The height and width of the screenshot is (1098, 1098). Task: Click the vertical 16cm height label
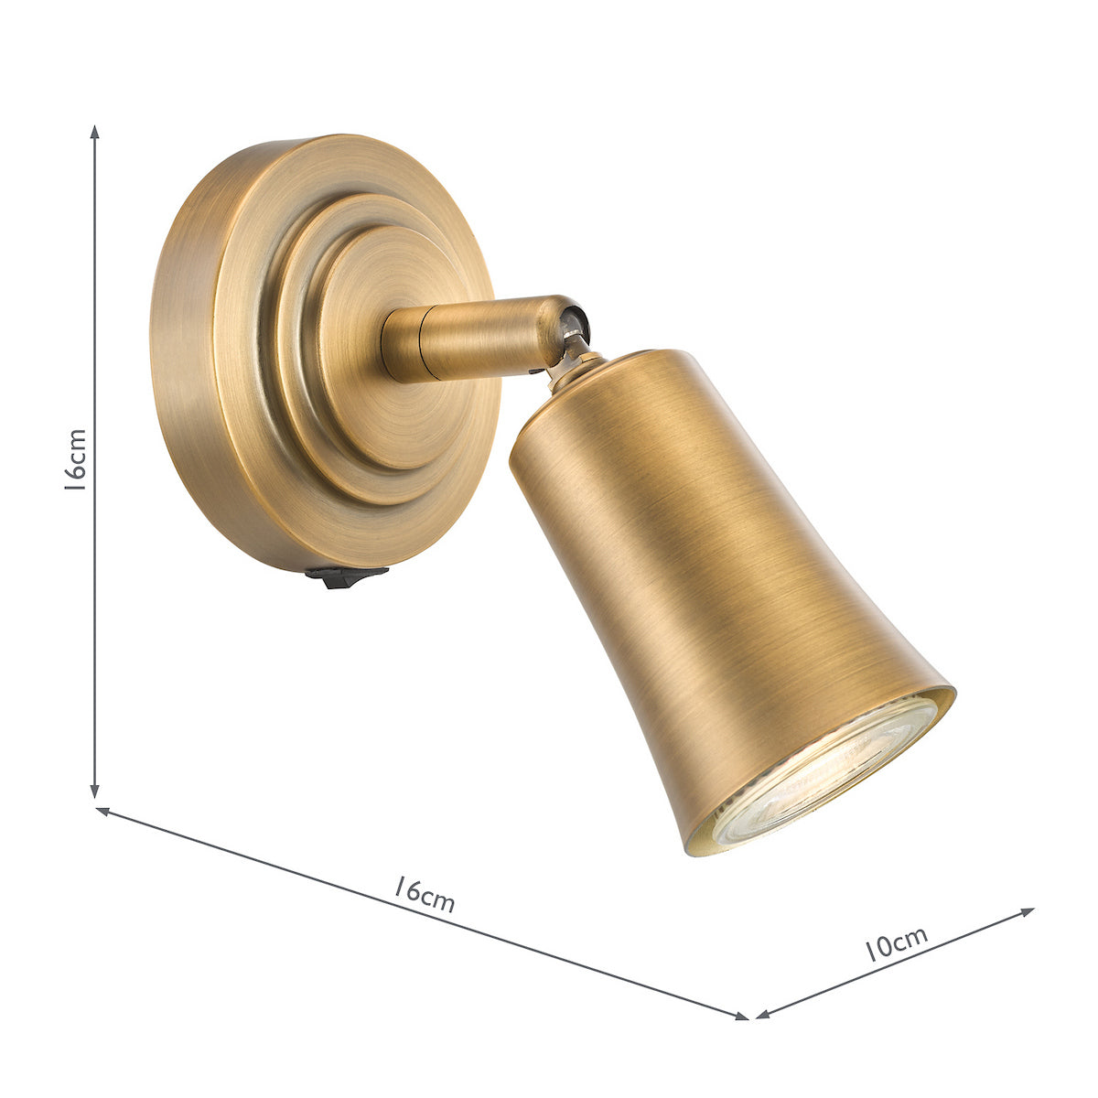pyautogui.click(x=76, y=460)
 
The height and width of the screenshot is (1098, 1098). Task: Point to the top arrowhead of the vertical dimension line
pyautogui.click(x=95, y=131)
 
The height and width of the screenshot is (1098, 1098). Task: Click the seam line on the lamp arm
pyautogui.click(x=420, y=344)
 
